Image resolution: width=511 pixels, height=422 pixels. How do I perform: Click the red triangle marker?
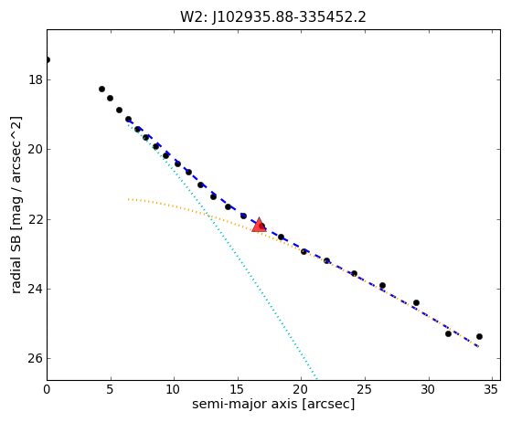259,225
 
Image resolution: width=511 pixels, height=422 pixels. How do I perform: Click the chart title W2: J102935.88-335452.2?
273,17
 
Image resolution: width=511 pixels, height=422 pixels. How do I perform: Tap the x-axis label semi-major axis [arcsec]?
273,404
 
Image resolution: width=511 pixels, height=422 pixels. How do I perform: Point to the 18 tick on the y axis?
36,79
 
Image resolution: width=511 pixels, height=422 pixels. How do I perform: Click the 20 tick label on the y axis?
36,150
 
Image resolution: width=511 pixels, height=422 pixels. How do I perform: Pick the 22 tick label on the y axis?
36,219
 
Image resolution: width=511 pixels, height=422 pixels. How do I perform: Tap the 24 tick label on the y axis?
36,289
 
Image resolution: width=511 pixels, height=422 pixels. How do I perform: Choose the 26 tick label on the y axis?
36,358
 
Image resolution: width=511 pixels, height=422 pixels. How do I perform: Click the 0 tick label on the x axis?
47,389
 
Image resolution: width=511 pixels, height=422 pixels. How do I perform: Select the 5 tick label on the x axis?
111,389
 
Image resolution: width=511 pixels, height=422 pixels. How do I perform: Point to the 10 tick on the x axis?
174,389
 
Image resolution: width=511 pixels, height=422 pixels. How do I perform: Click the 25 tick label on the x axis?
365,389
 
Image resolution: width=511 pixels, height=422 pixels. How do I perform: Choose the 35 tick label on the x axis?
492,389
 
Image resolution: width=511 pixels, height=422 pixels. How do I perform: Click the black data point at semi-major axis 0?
48,60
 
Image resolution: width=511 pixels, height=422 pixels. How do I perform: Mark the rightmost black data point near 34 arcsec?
479,337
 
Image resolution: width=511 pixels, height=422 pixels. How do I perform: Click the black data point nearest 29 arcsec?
416,303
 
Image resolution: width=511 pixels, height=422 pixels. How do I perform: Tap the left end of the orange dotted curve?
128,199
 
